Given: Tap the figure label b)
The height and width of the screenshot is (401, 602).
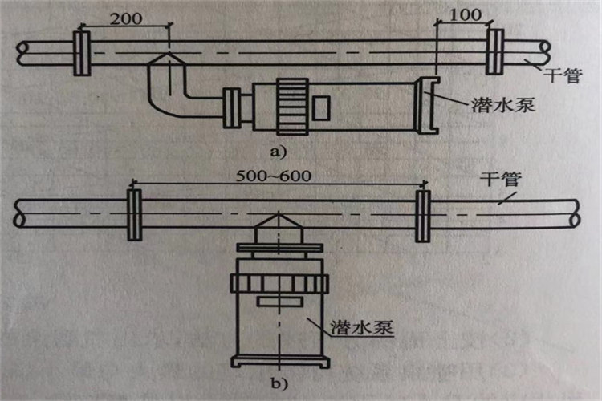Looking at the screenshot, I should pyautogui.click(x=279, y=383).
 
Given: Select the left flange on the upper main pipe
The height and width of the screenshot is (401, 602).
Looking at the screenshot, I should pyautogui.click(x=81, y=52).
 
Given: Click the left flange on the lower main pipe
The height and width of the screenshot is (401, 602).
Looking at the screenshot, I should pyautogui.click(x=135, y=216).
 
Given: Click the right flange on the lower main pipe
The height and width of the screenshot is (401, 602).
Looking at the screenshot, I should pyautogui.click(x=421, y=216).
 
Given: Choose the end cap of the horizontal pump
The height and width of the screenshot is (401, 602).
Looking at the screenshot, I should pyautogui.click(x=422, y=104).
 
